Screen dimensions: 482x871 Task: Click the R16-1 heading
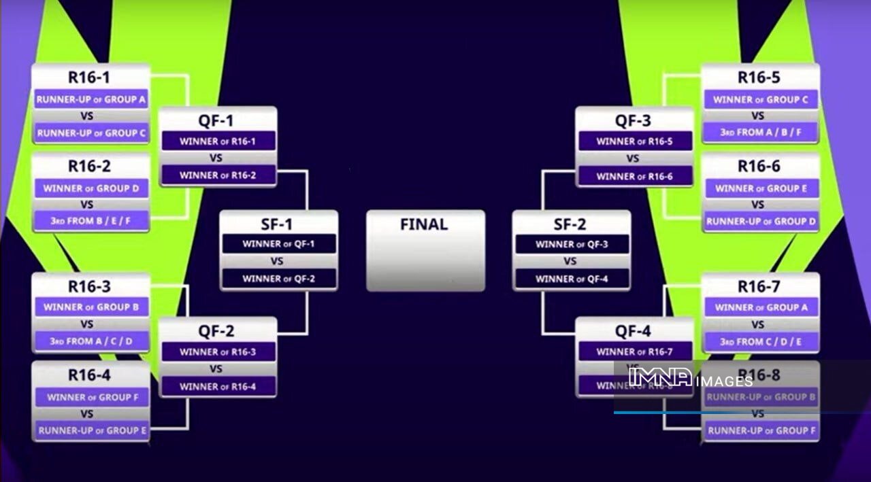[x=88, y=78]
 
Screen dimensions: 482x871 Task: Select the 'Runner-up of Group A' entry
[x=91, y=99]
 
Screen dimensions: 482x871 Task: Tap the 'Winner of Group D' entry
[x=91, y=188]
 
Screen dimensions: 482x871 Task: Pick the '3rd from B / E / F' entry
[x=91, y=221]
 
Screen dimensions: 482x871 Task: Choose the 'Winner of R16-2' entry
[x=218, y=175]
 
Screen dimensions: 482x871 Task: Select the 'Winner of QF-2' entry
[x=279, y=278]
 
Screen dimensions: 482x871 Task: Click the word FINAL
[x=424, y=224]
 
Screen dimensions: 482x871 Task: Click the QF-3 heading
[x=633, y=120]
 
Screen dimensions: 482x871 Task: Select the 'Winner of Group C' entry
[x=760, y=99]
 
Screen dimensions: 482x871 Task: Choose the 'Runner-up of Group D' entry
[x=760, y=221]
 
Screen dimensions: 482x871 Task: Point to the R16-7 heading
[x=759, y=286]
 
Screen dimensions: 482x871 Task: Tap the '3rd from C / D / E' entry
[x=760, y=341]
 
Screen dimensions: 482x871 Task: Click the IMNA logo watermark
[x=660, y=377]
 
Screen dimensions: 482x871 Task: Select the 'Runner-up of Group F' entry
[x=760, y=430]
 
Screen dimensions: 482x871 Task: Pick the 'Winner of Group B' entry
[x=91, y=307]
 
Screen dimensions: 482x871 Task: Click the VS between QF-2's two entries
[x=216, y=369]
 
